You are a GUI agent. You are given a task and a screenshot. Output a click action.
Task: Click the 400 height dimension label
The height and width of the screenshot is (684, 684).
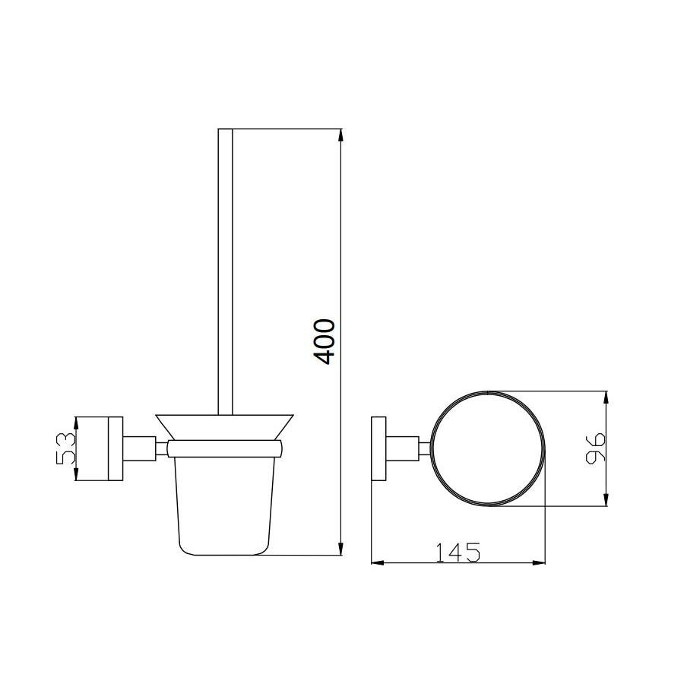tap(325, 341)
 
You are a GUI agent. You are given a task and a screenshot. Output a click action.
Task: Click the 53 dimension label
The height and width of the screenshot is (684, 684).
tap(66, 448)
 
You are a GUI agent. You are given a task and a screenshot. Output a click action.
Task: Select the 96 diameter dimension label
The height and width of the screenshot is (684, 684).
tap(595, 448)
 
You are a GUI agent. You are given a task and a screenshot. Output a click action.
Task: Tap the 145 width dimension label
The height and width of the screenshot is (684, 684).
tap(458, 552)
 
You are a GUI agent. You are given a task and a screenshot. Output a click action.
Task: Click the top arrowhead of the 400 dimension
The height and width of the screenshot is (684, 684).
tap(341, 135)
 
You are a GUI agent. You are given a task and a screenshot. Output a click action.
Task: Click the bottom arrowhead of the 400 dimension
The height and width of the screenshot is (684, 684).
tap(341, 549)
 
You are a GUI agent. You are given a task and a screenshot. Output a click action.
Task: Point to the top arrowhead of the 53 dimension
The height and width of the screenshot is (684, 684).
tap(76, 423)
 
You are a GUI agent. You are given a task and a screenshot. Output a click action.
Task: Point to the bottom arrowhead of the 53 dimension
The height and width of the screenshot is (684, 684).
tap(76, 474)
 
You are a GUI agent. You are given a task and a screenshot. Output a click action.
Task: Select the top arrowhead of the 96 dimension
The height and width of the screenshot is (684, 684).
tap(606, 397)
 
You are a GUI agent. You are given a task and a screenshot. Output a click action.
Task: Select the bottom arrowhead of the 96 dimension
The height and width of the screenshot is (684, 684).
tap(606, 499)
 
